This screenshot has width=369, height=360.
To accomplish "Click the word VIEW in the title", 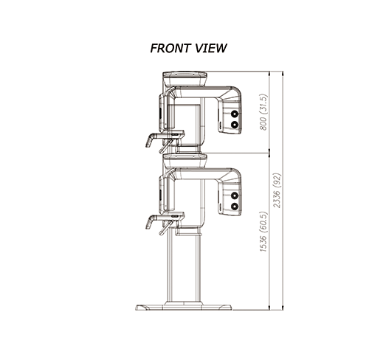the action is point(211,48).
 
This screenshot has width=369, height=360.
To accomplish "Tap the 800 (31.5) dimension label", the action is point(263,112).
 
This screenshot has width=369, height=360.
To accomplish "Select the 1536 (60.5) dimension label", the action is point(263,232).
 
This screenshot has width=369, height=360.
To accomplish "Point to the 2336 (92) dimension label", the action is point(277,190).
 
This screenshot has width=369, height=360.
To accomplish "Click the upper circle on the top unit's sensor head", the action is point(235,114).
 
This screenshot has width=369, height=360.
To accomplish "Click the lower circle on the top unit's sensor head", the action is point(235,125).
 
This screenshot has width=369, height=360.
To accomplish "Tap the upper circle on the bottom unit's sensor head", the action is point(235,195).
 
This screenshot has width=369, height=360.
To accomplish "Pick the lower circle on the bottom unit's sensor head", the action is point(235,207).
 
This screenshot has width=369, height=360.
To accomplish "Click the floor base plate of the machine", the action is point(184,308).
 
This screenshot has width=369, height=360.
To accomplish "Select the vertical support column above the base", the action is point(184,268).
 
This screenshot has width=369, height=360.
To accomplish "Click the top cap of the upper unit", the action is point(184,79).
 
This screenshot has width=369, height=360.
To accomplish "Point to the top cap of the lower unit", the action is point(184,161).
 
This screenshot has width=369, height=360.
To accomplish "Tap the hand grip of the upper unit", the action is point(150,140).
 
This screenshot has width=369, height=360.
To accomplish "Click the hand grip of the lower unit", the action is point(150,222).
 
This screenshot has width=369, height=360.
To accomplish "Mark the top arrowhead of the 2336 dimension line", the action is point(283,73).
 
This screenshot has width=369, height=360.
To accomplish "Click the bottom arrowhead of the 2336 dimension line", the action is point(283,308).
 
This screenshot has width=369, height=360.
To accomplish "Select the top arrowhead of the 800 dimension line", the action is point(269,73).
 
